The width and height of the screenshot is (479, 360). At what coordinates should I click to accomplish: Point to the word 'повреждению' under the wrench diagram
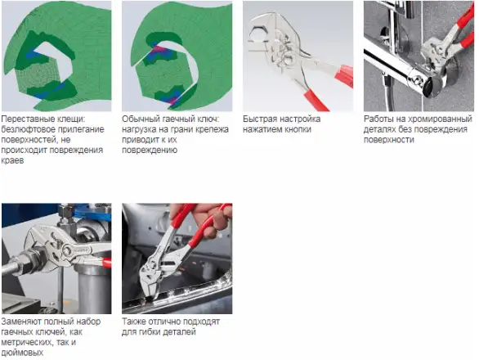[x=150, y=151]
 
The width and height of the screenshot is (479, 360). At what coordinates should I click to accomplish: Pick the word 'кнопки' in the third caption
[x=298, y=129]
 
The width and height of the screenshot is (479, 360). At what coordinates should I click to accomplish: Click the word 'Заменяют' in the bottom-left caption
[x=21, y=322]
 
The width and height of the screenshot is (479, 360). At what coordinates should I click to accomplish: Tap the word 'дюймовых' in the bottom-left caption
[x=22, y=353]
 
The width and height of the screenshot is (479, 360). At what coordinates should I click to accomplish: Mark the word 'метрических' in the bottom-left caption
[x=25, y=343]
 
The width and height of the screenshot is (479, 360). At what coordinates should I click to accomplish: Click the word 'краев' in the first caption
[x=12, y=160]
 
